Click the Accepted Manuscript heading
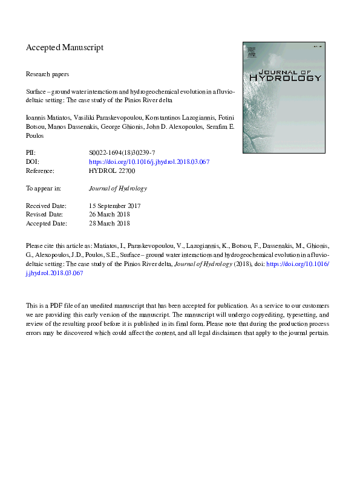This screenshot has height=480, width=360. coord(65,47)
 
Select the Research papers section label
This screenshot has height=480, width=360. coord(47,74)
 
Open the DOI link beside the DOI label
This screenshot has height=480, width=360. coord(149,163)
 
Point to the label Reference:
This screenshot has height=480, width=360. coord(42,171)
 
